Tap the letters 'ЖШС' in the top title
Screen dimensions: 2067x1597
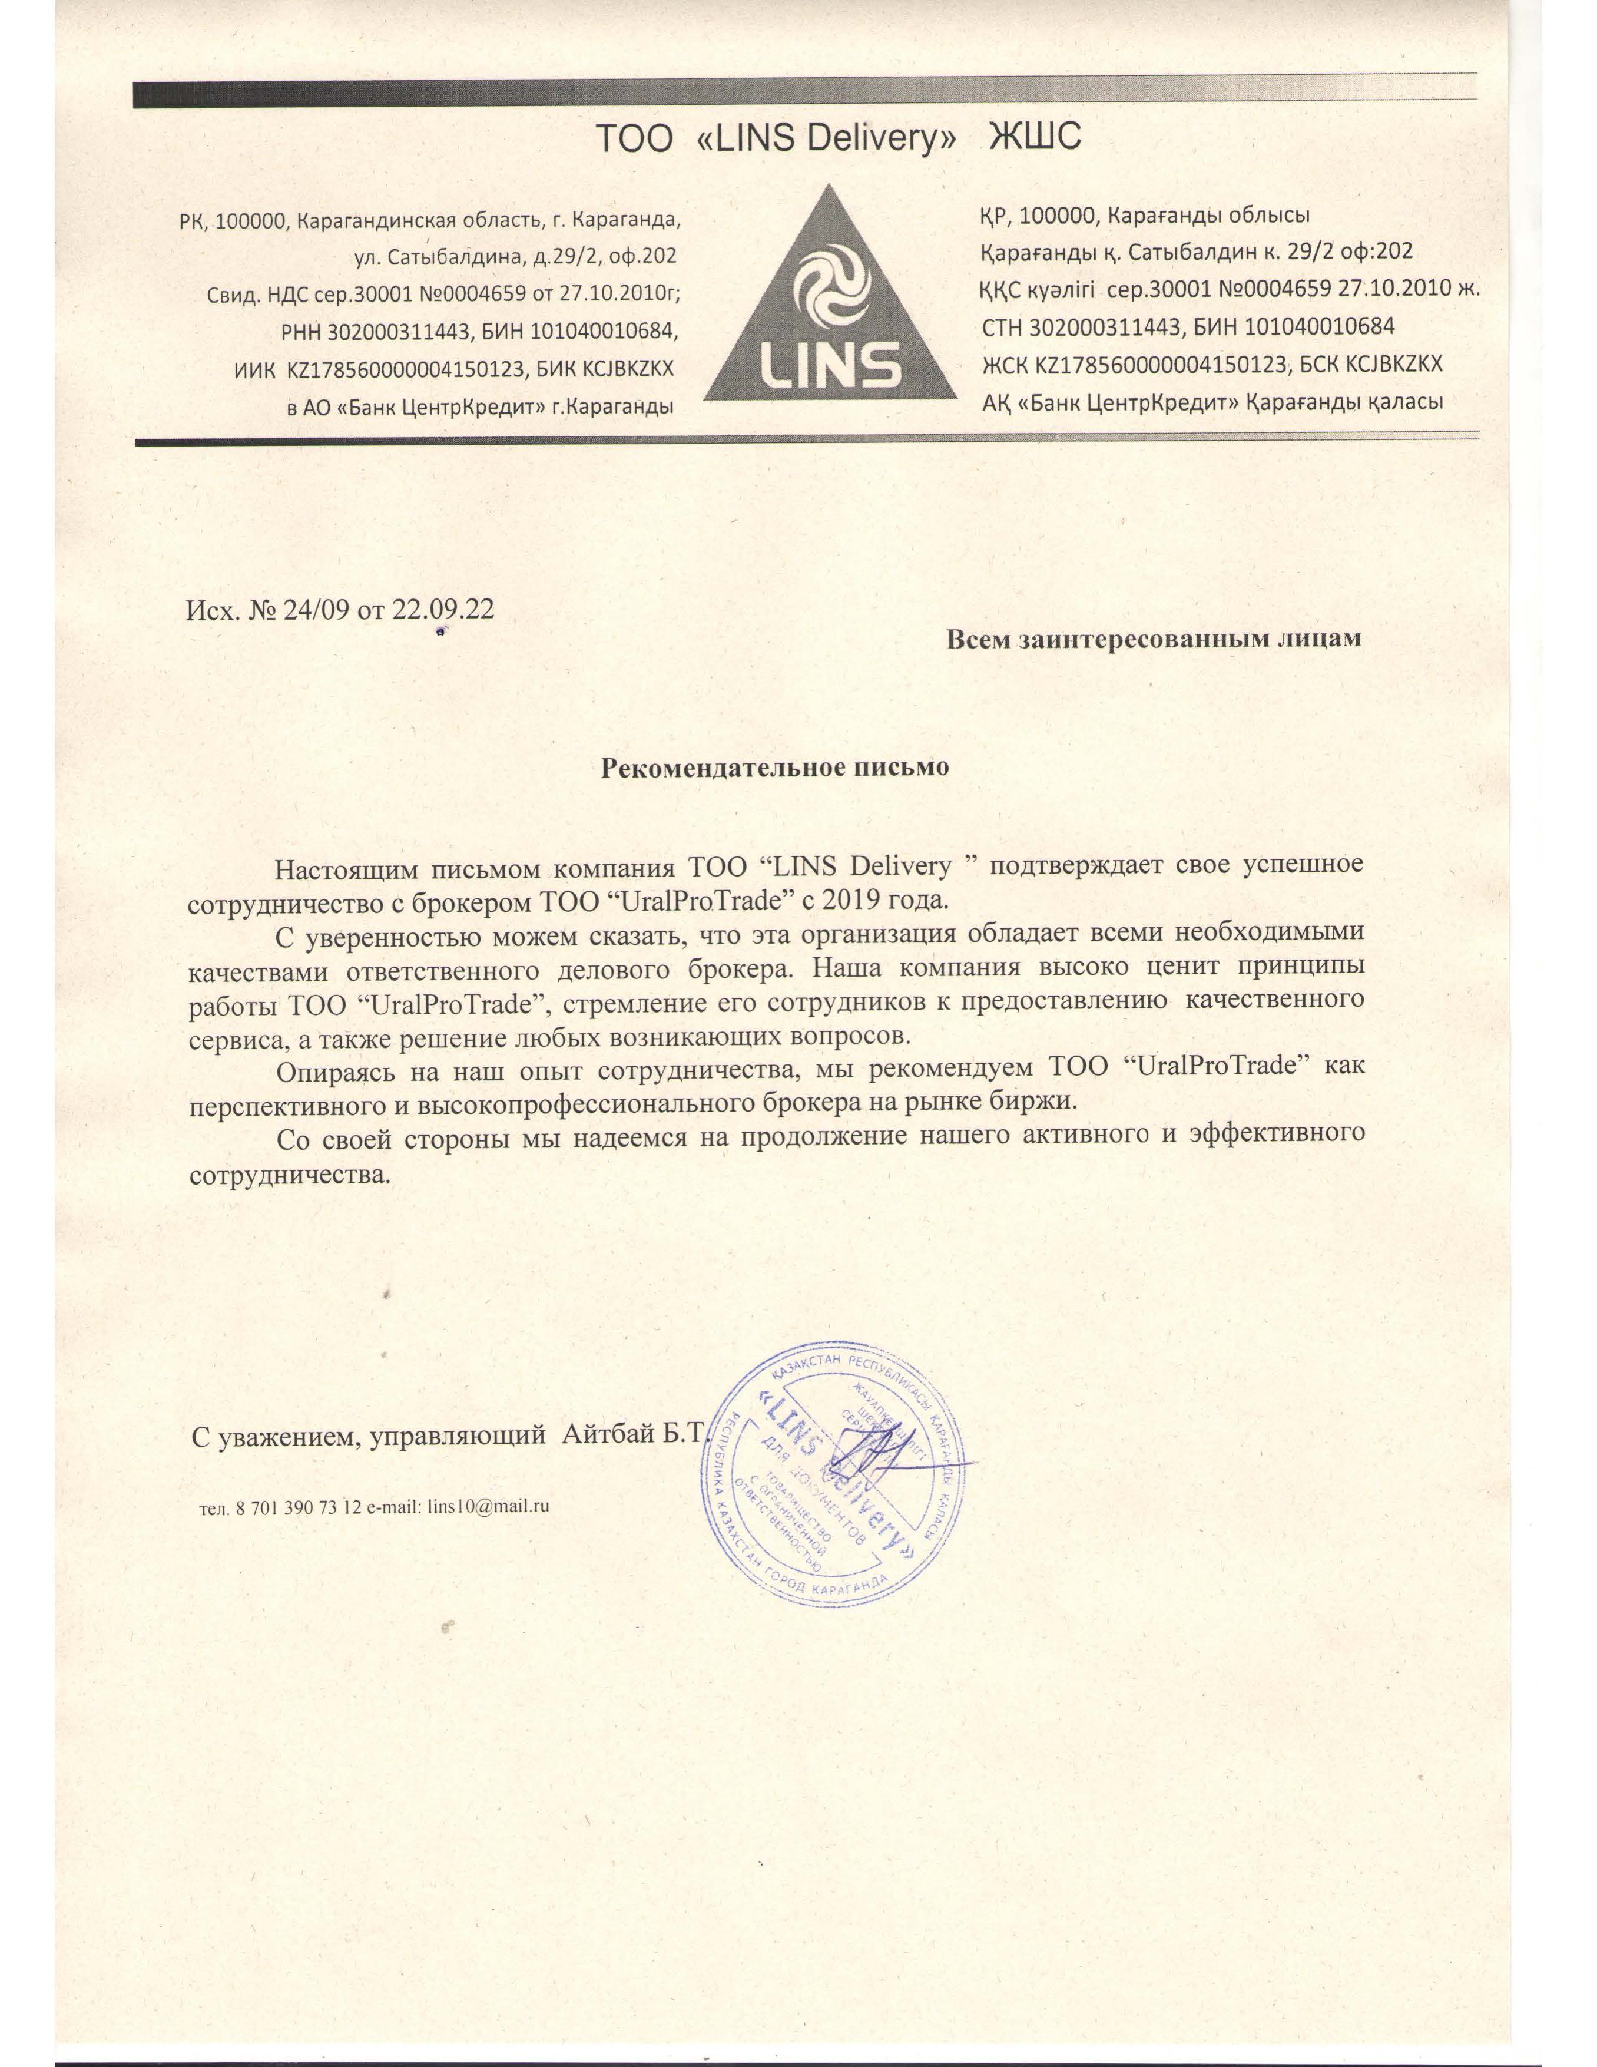1034,139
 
